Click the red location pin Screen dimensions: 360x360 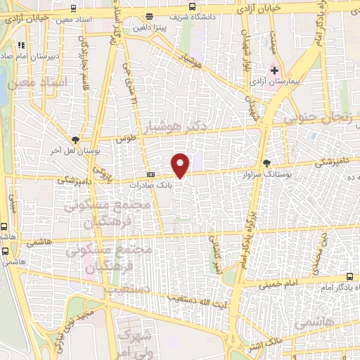click(181, 165)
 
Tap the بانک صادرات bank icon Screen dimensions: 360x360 click(150, 175)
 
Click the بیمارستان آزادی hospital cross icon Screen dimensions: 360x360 click(274, 70)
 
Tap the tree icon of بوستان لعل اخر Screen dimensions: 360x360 click(76, 139)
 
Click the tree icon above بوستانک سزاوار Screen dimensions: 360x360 click(265, 161)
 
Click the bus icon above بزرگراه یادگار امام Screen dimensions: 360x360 click(349, 276)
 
